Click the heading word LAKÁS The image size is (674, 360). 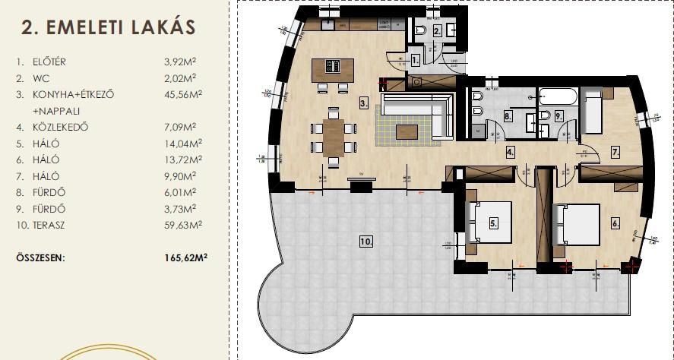point(157,27)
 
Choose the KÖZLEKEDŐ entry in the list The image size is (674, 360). point(61,127)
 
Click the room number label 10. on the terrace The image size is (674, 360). point(365,242)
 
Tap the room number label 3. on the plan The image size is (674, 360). point(364,103)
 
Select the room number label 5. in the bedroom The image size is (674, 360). point(493,223)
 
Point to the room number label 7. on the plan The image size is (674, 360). point(615,152)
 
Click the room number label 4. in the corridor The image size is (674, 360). point(511,152)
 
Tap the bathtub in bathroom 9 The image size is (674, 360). point(559,96)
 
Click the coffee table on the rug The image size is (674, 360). point(407,132)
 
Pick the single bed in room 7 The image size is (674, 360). point(592,111)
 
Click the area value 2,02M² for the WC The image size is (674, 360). point(181,77)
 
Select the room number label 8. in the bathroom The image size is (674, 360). point(508,116)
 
